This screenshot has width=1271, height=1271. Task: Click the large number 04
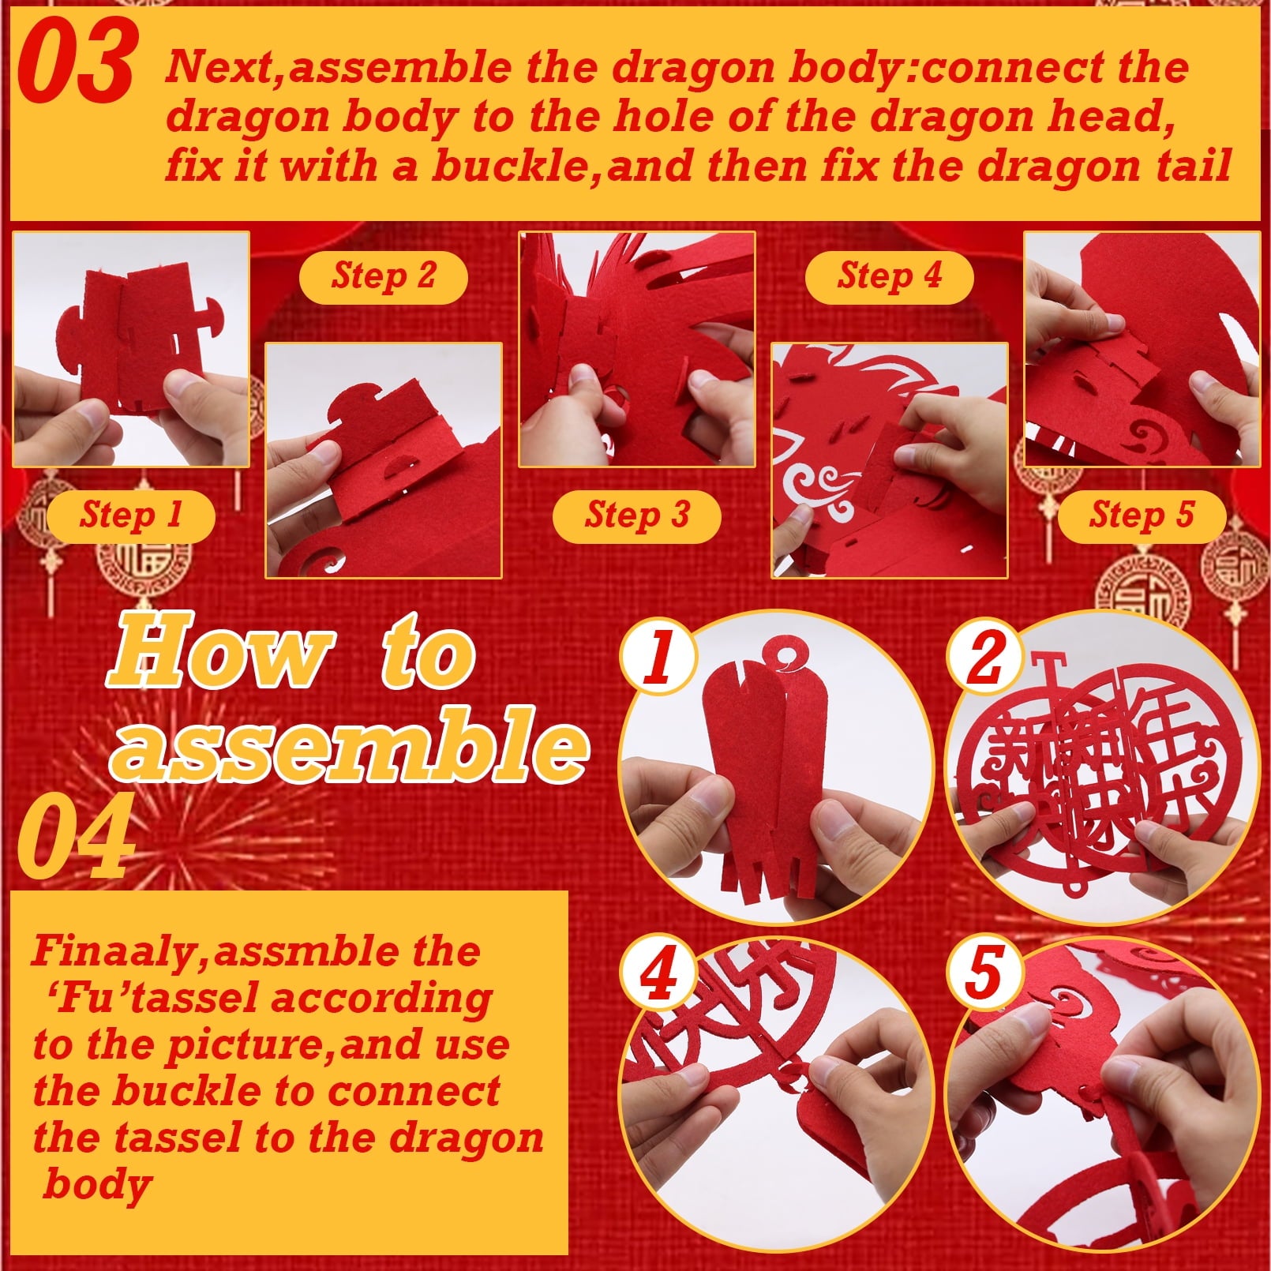point(75,836)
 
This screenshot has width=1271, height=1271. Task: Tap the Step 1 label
point(131,516)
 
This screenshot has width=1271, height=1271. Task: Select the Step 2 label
point(384,277)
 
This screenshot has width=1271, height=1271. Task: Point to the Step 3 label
point(637,516)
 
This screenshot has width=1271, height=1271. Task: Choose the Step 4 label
point(890,277)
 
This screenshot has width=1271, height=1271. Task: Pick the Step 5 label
point(1142,516)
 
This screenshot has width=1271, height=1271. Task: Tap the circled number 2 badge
point(984,656)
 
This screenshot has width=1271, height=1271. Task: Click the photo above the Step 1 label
point(131,349)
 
